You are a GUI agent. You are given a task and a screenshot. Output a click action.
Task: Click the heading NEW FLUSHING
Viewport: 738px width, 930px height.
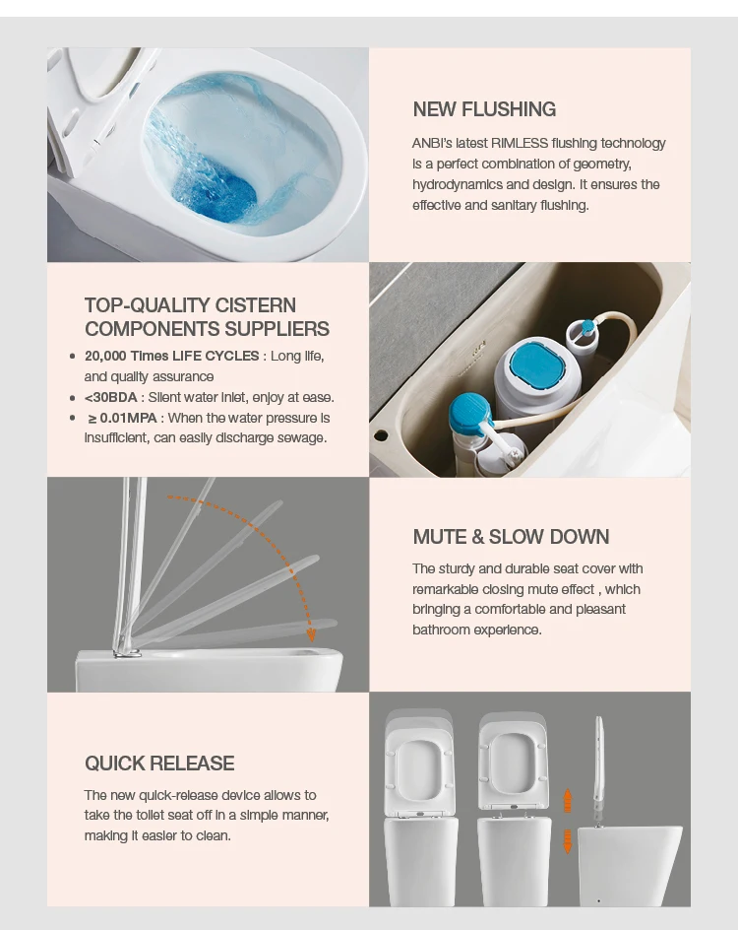(484, 109)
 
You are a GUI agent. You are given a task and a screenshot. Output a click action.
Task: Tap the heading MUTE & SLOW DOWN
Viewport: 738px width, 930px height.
(511, 537)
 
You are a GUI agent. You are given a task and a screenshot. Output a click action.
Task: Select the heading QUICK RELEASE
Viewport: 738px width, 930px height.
(159, 764)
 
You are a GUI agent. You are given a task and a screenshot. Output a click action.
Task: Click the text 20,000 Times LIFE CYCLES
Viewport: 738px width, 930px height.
(172, 356)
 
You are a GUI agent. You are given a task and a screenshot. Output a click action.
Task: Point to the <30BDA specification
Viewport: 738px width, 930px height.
(111, 397)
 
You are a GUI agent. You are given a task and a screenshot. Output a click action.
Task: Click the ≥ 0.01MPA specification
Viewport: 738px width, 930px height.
(123, 418)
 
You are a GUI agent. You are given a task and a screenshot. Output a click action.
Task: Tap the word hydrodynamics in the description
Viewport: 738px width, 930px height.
(458, 184)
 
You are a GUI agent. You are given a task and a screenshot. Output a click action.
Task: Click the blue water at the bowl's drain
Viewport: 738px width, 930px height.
(215, 193)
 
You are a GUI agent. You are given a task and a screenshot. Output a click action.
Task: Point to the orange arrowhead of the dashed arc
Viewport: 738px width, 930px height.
(311, 635)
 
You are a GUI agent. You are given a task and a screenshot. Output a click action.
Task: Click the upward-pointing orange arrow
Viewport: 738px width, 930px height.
(568, 800)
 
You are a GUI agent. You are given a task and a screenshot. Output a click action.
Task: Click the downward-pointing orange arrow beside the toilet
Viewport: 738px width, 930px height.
(568, 841)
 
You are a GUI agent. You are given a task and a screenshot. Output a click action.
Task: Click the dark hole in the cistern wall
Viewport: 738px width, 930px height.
(381, 435)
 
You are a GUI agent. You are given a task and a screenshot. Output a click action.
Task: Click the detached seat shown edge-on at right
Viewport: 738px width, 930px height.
(599, 768)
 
